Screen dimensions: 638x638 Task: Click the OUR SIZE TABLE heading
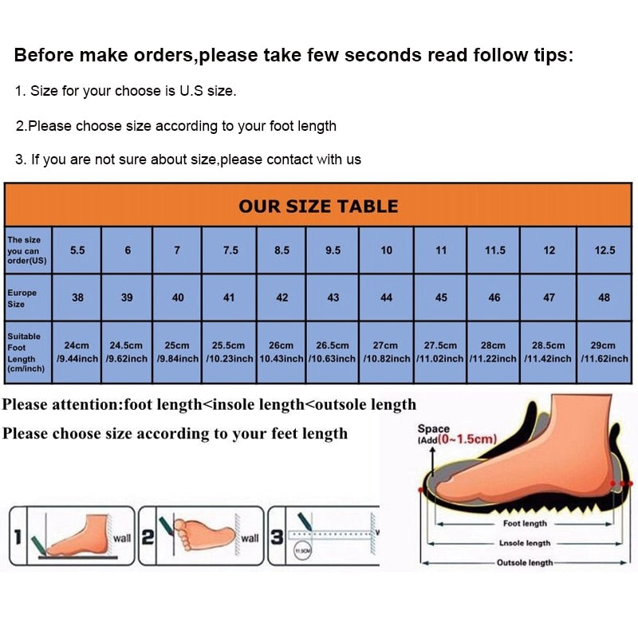tap(317, 206)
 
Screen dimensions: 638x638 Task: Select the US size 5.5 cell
tap(77, 250)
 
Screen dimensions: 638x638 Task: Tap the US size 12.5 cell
tap(605, 250)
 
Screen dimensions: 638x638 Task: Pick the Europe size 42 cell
tap(282, 297)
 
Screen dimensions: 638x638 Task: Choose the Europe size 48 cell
tap(605, 297)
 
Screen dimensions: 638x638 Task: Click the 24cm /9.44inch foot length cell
tap(77, 352)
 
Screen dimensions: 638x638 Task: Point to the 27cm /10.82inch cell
tap(386, 352)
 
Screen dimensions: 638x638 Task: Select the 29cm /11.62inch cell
tap(604, 352)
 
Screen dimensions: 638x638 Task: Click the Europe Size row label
tap(22, 298)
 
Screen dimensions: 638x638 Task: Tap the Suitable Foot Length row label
tap(24, 352)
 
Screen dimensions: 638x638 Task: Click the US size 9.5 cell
tap(333, 250)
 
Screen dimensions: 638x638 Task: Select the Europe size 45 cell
tap(440, 297)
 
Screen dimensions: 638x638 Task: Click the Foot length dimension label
tap(524, 524)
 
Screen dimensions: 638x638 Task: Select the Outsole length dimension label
tap(525, 562)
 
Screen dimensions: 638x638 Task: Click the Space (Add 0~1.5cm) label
tap(457, 434)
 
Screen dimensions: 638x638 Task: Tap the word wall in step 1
tap(121, 538)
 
